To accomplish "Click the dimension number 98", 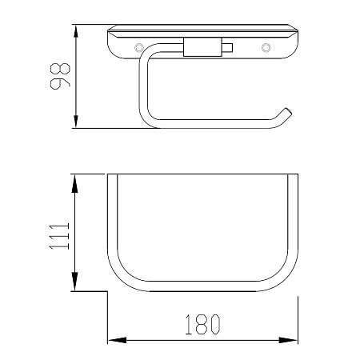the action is pos(60,76).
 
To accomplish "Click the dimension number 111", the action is pos(59,236).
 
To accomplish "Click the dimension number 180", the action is pos(203,324).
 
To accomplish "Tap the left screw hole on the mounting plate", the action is pos(139,48).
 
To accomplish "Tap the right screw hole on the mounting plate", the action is pos(266,48).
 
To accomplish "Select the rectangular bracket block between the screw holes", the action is pos(202,47).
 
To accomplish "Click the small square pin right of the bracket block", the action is pos(227,47).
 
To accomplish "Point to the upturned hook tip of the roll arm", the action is pos(289,111).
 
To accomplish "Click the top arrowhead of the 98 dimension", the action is pos(76,31).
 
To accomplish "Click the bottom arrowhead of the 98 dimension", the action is pos(76,122).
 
